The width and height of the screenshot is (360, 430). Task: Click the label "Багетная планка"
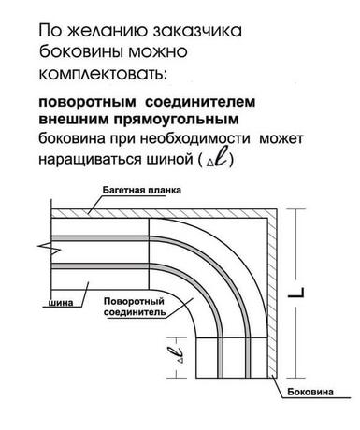(x=142, y=190)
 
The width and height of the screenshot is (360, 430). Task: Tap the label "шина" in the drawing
(x=61, y=302)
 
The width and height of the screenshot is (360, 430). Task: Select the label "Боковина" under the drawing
(x=310, y=392)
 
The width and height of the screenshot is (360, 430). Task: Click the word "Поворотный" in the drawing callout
(x=134, y=302)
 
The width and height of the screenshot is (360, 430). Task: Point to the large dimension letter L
(x=295, y=293)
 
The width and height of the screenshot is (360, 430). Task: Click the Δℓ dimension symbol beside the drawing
(x=179, y=355)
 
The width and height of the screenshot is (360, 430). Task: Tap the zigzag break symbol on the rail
(x=50, y=249)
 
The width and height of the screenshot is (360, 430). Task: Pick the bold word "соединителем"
(x=200, y=102)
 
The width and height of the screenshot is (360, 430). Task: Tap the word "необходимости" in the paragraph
(x=194, y=138)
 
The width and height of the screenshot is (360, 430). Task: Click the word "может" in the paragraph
(x=281, y=138)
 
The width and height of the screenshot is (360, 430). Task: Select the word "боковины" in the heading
(x=81, y=52)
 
